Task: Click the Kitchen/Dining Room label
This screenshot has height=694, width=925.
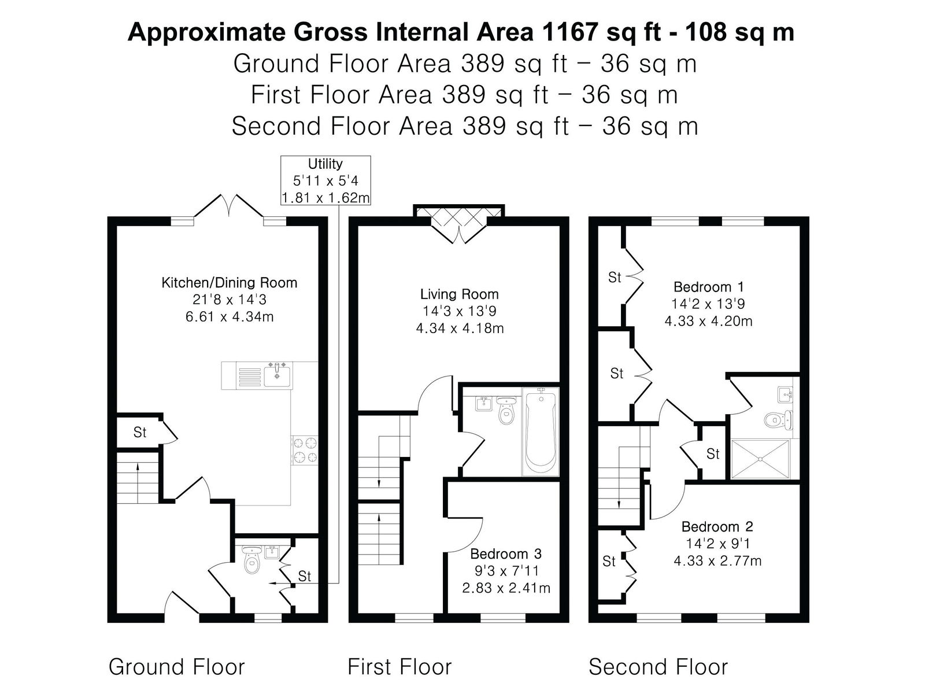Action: (230, 282)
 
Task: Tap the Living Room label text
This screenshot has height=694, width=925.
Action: (460, 294)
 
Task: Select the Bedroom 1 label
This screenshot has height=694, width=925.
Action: (708, 286)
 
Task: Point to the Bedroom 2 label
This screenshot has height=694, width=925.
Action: (717, 526)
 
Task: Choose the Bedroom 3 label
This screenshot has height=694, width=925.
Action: (506, 553)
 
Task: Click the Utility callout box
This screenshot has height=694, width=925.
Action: (325, 180)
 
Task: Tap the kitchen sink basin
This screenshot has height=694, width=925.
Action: (277, 376)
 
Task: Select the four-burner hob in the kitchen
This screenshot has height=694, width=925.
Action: (305, 450)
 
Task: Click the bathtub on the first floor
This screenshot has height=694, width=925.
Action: (541, 432)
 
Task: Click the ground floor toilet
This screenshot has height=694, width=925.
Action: (252, 560)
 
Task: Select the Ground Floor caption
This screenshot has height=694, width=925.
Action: (176, 667)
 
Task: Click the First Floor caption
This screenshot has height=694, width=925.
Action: (399, 667)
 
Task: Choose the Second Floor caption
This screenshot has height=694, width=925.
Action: (658, 667)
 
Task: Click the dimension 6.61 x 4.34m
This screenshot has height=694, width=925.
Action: (230, 316)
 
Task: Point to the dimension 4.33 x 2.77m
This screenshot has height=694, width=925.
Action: (717, 561)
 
